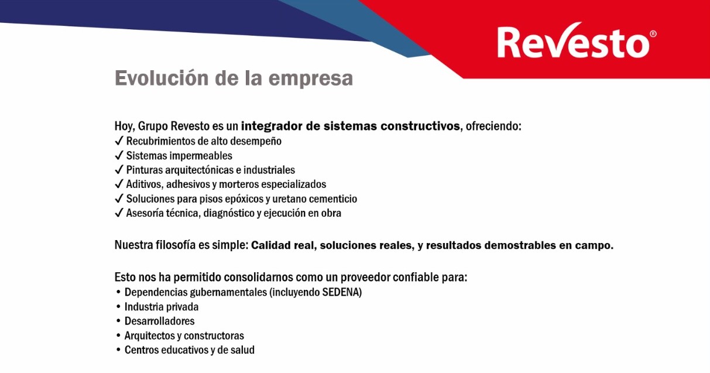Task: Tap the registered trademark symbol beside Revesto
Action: [x=653, y=34]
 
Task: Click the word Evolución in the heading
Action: [x=162, y=78]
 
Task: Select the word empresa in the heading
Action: [x=311, y=79]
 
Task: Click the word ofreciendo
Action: [x=493, y=126]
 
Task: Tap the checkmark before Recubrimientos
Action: [x=119, y=140]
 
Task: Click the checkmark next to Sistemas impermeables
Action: [x=119, y=155]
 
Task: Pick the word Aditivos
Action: [x=145, y=184]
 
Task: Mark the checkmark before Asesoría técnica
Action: [x=119, y=213]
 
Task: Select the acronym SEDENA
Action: [x=341, y=292]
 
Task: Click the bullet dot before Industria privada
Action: [x=119, y=307]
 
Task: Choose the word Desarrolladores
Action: [x=159, y=321]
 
